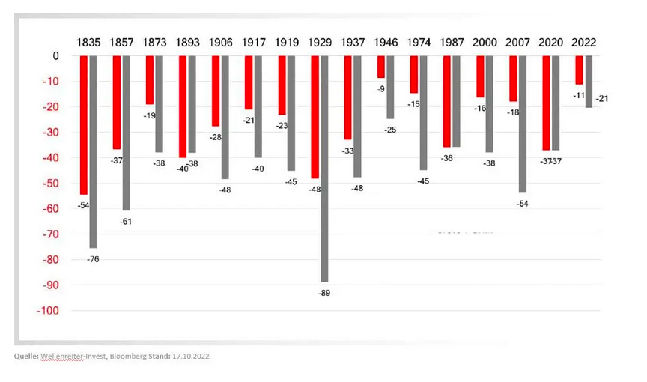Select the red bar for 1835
(84, 125)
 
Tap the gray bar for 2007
(522, 124)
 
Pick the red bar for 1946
(381, 67)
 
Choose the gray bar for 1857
(126, 133)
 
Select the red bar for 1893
(183, 106)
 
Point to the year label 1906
(221, 43)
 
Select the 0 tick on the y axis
(55, 56)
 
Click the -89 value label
(323, 293)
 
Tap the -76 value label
(93, 259)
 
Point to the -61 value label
(126, 222)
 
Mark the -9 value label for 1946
(381, 89)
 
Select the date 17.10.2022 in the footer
(189, 357)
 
